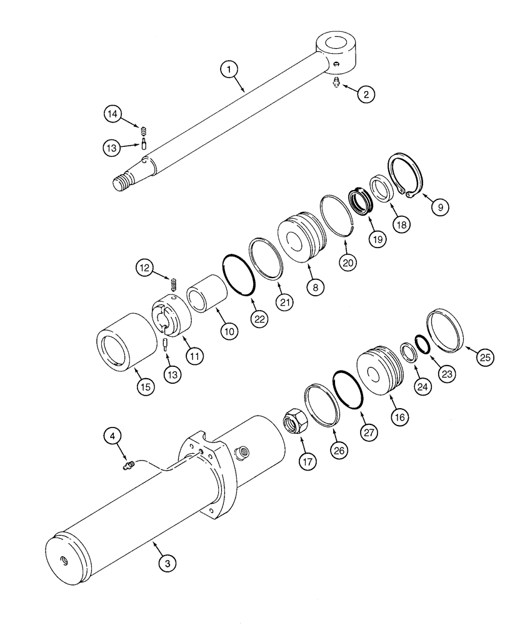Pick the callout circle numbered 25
(486, 357)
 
